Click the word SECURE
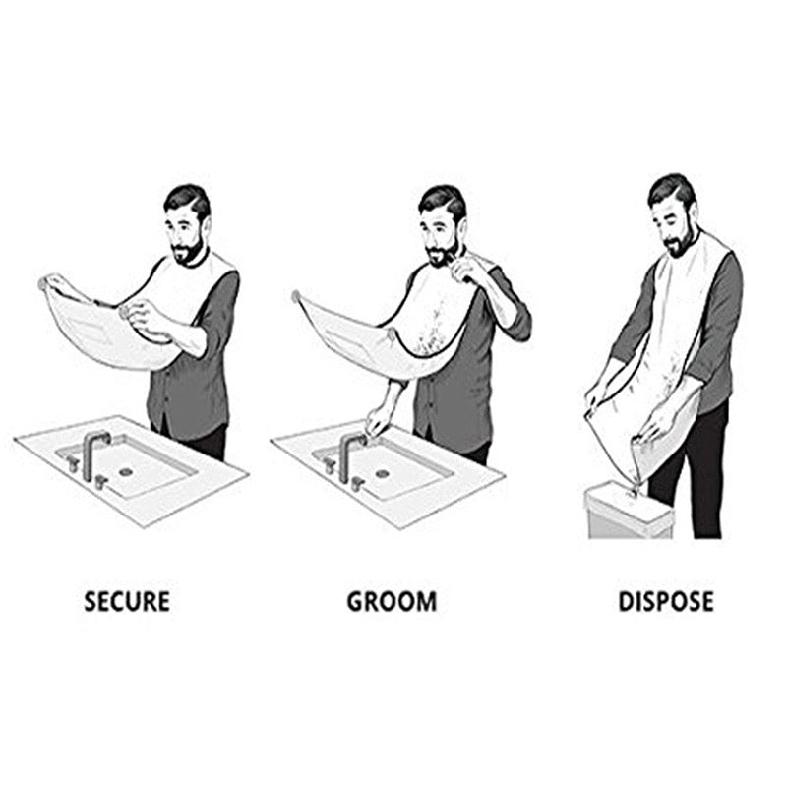pyautogui.click(x=127, y=601)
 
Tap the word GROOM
pyautogui.click(x=391, y=601)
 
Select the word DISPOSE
pyautogui.click(x=665, y=601)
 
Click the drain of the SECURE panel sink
pyautogui.click(x=126, y=471)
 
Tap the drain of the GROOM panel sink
pyautogui.click(x=382, y=473)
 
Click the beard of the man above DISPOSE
pyautogui.click(x=679, y=243)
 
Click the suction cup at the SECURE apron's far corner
pyautogui.click(x=44, y=283)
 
